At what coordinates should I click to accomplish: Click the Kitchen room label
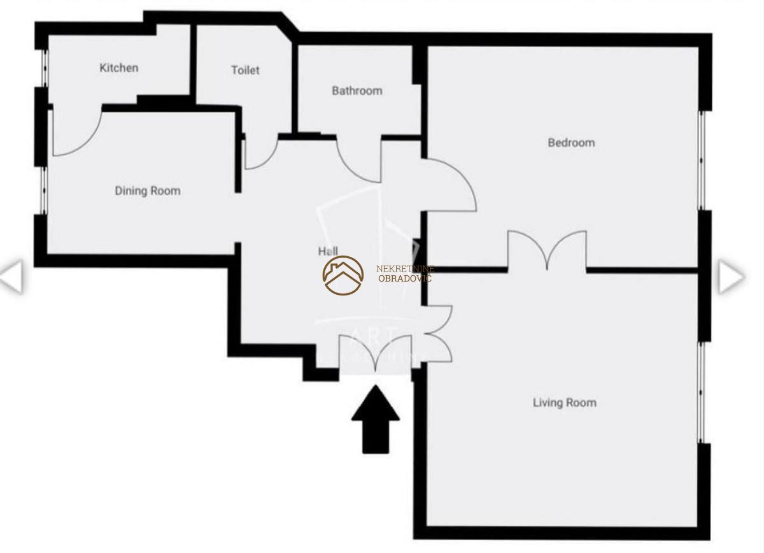pyautogui.click(x=119, y=68)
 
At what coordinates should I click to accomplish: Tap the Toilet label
pyautogui.click(x=245, y=70)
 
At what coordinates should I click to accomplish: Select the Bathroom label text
pyautogui.click(x=357, y=91)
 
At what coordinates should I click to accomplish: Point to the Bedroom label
pyautogui.click(x=571, y=143)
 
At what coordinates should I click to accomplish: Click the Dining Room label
pyautogui.click(x=148, y=190)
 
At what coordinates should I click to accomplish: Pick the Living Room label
pyautogui.click(x=564, y=403)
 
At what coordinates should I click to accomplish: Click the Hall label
pyautogui.click(x=328, y=252)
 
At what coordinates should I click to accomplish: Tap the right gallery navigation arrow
pyautogui.click(x=731, y=277)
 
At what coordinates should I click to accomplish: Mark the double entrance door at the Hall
pyautogui.click(x=376, y=354)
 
